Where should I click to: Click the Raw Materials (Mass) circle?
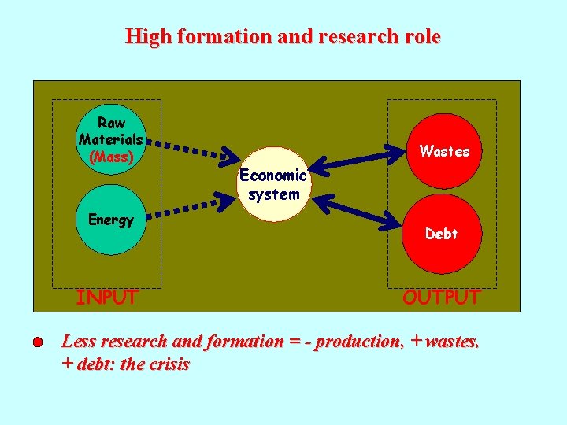pos(111,139)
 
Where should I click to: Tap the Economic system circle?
pos(273,185)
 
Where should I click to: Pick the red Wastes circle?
pos(444,151)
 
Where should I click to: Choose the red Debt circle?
pos(441,234)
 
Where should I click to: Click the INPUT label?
pos(106,297)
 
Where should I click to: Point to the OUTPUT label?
pos(441,297)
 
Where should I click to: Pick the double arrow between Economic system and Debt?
pos(358,209)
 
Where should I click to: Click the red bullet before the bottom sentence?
pos(38,343)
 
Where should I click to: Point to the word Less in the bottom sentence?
pos(79,342)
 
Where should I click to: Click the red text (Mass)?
pos(111,156)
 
